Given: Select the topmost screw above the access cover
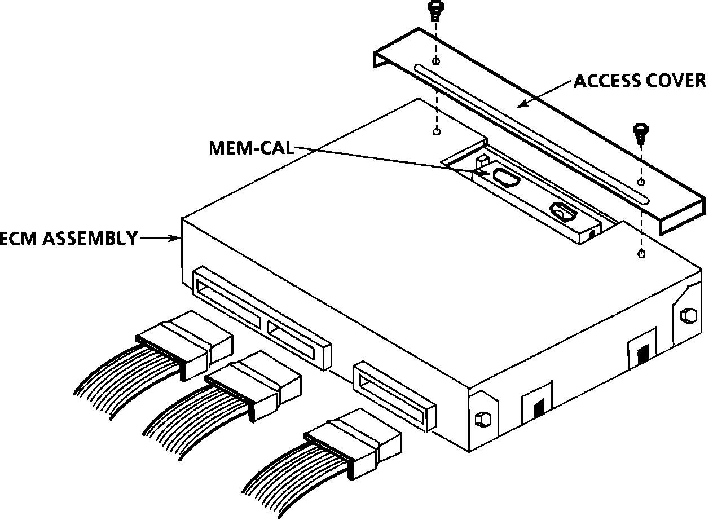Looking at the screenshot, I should click(435, 10).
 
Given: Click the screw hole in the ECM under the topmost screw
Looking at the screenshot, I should click(436, 132).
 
